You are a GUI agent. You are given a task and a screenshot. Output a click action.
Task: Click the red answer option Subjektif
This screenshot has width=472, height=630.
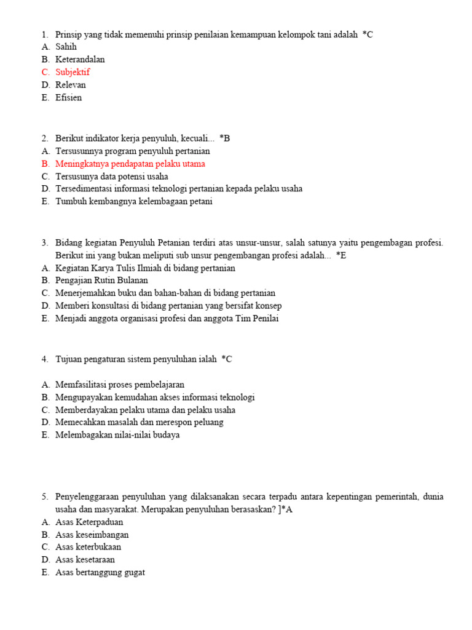point(73,72)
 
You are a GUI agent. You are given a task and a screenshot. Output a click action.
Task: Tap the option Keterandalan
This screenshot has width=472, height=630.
point(80,60)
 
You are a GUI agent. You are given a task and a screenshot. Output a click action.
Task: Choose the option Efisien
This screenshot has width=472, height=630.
point(68,97)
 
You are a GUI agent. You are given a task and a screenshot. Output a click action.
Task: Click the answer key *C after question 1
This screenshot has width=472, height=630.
point(368,34)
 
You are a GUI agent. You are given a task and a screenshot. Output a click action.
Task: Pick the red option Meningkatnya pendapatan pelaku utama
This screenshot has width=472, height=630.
point(130,164)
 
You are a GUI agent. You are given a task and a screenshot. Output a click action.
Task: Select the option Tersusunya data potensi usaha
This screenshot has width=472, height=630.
point(112,176)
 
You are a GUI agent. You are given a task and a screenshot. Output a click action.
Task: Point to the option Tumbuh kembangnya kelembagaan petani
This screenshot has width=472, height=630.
point(134,201)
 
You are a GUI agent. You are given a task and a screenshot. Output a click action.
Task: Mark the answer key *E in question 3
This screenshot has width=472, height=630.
point(341,255)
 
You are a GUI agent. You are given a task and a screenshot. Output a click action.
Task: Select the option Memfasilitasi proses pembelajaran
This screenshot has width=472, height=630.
point(120,385)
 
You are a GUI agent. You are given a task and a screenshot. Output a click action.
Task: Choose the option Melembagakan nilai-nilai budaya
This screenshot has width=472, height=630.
point(117,434)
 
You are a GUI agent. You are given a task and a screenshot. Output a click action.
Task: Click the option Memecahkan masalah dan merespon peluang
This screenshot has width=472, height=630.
point(140,422)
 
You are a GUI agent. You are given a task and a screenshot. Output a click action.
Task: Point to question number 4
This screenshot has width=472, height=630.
point(45,359)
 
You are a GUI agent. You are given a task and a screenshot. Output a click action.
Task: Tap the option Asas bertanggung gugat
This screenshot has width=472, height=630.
point(100,572)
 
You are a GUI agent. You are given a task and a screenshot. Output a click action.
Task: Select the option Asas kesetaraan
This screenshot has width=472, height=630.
point(85,559)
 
